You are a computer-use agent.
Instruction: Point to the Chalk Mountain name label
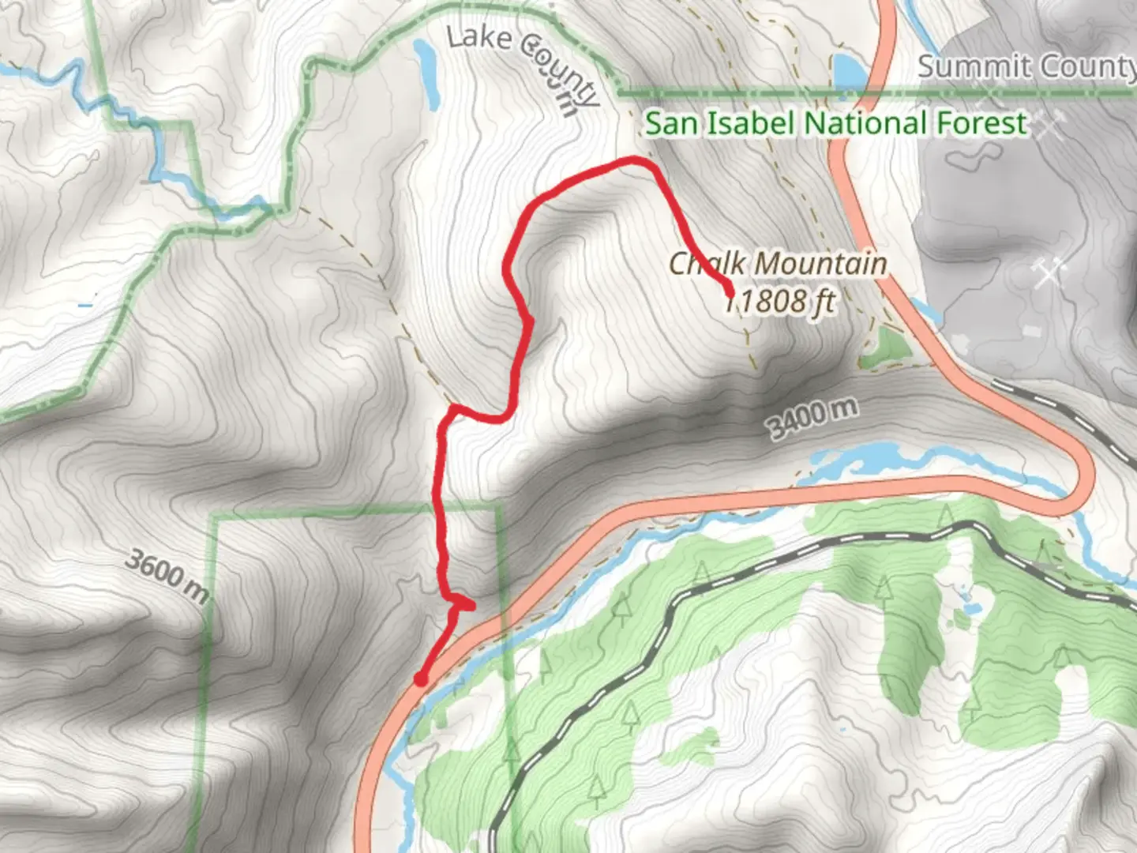tap(778, 264)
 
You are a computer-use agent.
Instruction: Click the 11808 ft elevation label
tap(780, 301)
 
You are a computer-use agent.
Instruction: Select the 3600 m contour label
tap(167, 574)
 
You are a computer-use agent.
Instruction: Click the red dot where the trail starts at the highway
tap(422, 679)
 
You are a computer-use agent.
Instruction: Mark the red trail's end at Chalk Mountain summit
tap(729, 293)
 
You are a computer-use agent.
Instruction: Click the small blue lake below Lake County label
tap(427, 73)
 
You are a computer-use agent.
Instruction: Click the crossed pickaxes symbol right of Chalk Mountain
tap(1048, 273)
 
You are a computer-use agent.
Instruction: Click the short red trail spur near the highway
tap(463, 605)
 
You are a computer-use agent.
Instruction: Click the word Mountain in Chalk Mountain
tap(821, 264)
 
